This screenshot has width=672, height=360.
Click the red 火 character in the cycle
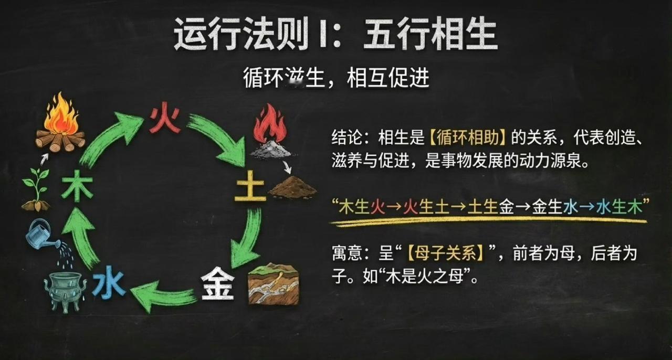pyautogui.click(x=165, y=120)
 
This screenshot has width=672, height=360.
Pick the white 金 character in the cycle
pyautogui.click(x=217, y=283)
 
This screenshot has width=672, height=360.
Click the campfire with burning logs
pyautogui.click(x=60, y=124)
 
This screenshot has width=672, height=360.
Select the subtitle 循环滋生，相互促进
pyautogui.click(x=336, y=79)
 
